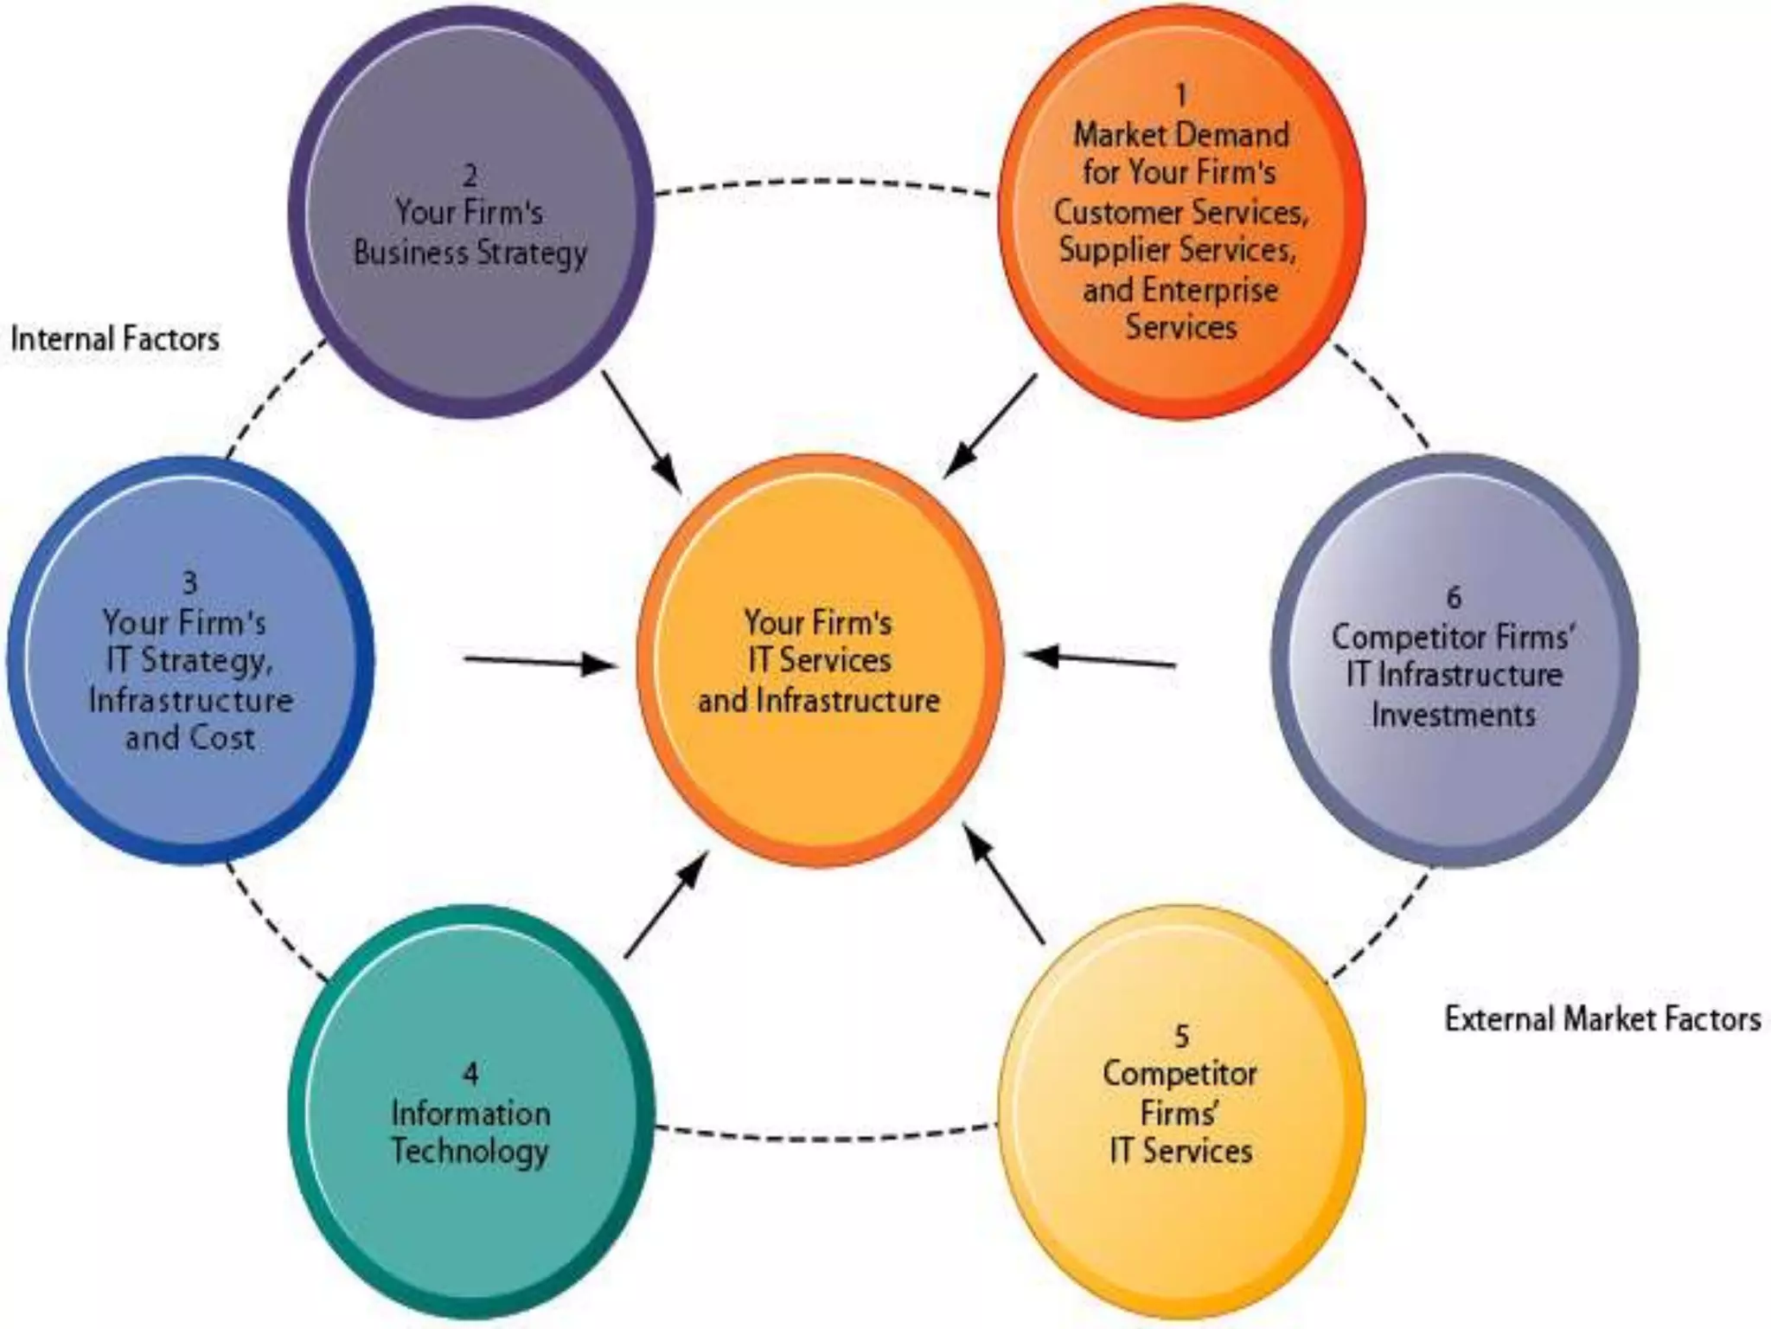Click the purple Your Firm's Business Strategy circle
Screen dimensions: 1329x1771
471,212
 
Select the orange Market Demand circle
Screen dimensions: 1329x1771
1181,212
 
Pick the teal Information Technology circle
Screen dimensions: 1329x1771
471,1112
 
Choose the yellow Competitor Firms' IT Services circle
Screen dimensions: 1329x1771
1181,1112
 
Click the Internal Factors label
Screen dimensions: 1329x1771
115,339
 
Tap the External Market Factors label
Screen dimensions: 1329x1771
1602,1019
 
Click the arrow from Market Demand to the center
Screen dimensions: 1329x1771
991,424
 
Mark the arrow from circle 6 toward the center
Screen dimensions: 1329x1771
1100,660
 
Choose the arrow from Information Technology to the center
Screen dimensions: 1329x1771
666,904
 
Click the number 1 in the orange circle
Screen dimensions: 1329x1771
1181,93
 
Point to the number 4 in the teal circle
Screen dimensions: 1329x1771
470,1074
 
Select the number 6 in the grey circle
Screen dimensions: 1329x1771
1454,597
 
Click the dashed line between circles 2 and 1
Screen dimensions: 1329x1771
822,182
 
